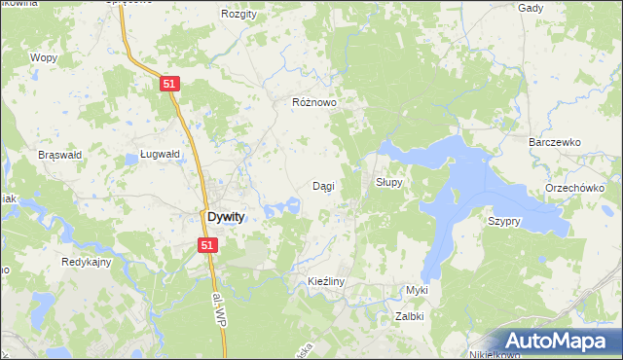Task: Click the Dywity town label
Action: (x=224, y=218)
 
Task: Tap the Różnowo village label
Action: (x=314, y=101)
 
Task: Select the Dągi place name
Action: (x=324, y=185)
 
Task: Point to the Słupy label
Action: (x=389, y=183)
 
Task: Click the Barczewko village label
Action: (x=554, y=142)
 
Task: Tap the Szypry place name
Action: (x=504, y=221)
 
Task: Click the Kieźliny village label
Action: (x=319, y=281)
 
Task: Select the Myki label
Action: (x=418, y=290)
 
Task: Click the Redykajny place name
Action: (x=87, y=262)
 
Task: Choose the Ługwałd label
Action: (x=160, y=154)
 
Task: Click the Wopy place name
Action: (x=44, y=57)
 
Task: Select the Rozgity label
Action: (x=238, y=14)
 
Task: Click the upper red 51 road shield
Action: (x=169, y=85)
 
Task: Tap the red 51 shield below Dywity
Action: (x=207, y=246)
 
